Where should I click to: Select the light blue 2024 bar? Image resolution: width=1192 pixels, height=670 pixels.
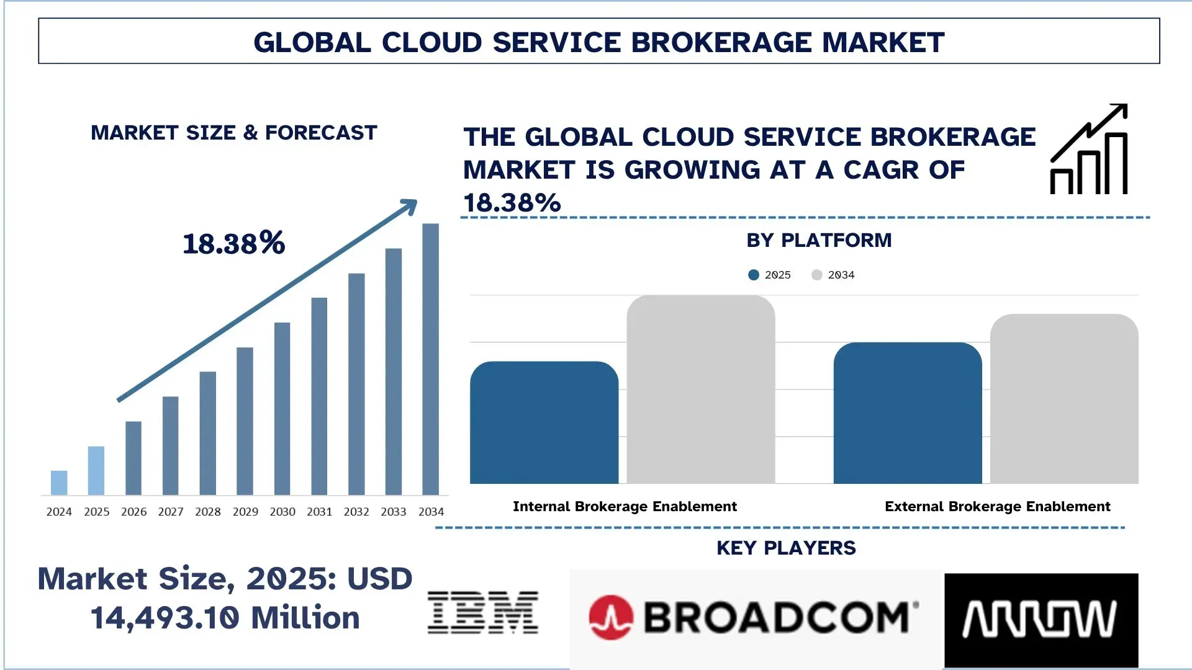point(59,483)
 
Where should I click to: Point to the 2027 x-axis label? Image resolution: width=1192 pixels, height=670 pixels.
point(171,512)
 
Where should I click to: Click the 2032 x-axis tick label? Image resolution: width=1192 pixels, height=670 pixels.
point(356,512)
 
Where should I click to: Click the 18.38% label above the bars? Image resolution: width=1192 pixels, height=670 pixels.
point(234,243)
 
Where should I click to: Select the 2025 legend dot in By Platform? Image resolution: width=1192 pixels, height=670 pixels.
point(754,275)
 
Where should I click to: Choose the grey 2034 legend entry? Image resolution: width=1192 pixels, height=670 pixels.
point(834,275)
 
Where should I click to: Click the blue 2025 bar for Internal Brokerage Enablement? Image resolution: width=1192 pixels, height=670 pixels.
point(544,423)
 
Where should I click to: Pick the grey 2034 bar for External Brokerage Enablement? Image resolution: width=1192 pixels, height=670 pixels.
point(1063,399)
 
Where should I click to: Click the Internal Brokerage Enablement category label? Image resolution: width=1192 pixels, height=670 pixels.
point(625,506)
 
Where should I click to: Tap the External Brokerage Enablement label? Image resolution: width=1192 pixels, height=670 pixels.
point(997,506)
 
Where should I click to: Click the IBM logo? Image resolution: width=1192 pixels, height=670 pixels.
point(483,613)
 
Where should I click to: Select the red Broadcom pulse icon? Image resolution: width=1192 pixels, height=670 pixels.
point(611,617)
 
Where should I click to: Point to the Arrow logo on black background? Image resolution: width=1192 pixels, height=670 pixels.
point(1041,619)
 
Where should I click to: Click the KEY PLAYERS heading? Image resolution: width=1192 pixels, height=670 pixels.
point(786,548)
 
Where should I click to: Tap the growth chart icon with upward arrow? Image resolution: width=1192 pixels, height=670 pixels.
point(1089,150)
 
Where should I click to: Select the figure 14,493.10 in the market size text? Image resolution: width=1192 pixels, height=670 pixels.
point(165,618)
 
